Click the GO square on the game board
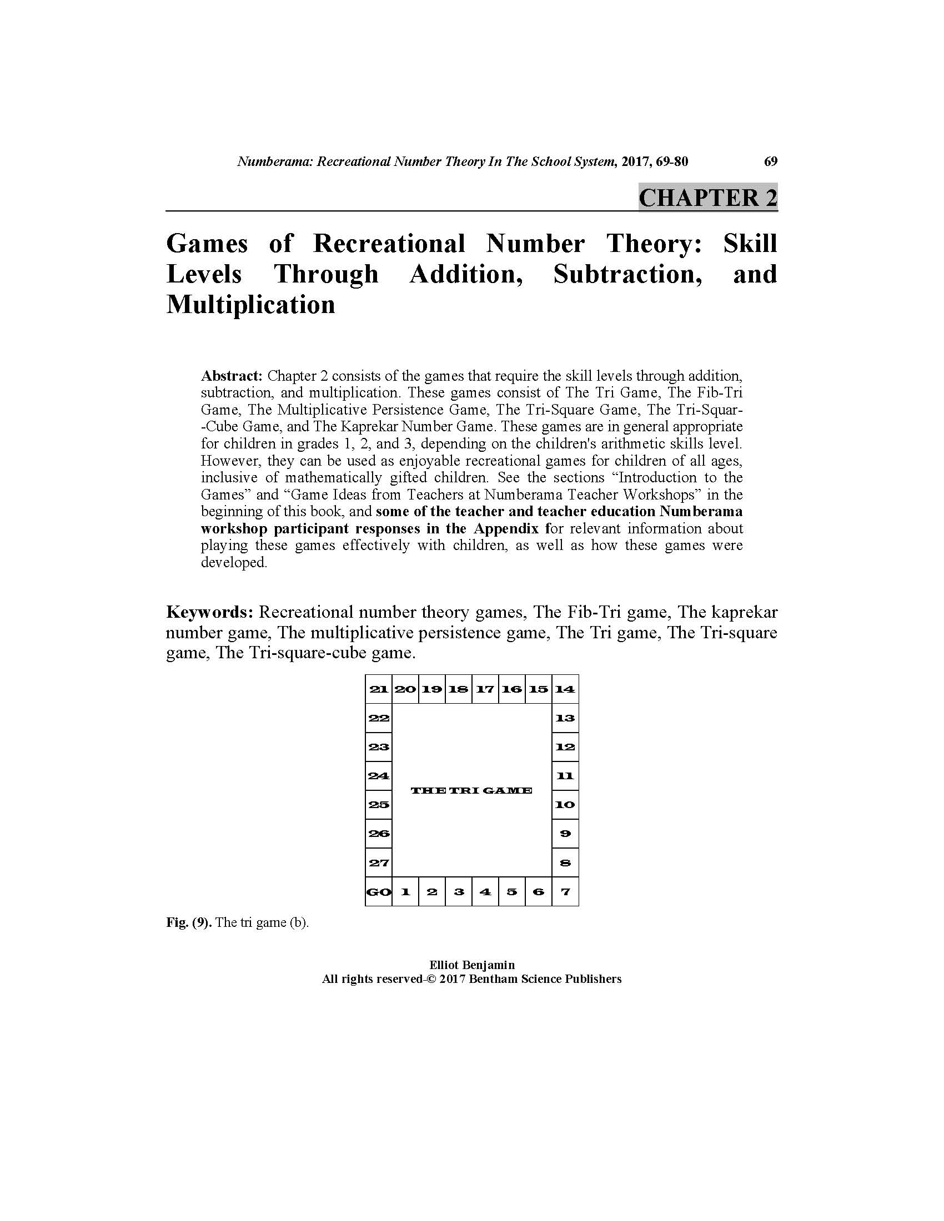(378, 892)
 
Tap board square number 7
(565, 892)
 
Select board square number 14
(565, 689)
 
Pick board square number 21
(378, 689)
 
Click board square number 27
(378, 862)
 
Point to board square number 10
(565, 805)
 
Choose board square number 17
(485, 689)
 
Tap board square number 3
(459, 892)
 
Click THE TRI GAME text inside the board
(471, 790)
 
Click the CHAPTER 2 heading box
(707, 198)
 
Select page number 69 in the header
(770, 162)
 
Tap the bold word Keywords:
(210, 612)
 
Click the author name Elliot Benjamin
(471, 965)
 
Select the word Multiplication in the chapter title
(250, 305)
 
